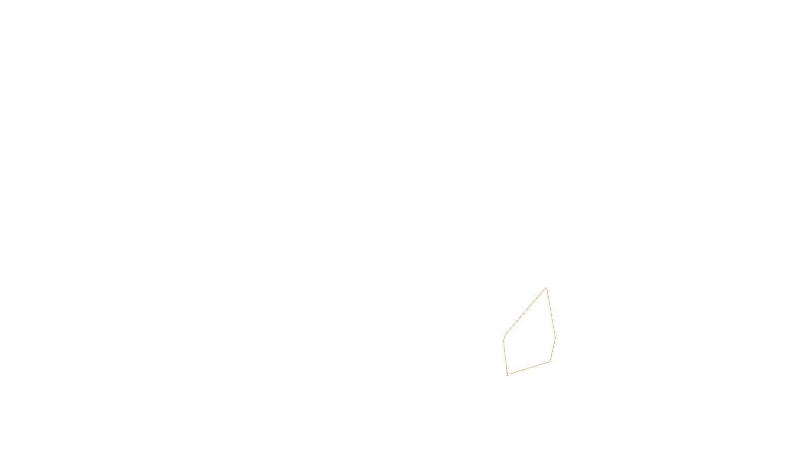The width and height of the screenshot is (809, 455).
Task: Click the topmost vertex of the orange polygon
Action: point(546,288)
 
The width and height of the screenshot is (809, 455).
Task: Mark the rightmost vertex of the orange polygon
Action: point(556,338)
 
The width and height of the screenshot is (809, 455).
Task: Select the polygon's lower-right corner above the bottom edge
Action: point(550,361)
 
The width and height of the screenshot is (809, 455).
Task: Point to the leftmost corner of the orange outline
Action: point(504,340)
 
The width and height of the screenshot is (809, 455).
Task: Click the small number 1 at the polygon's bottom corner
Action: point(507,374)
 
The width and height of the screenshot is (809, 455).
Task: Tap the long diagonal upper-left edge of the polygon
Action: point(526,310)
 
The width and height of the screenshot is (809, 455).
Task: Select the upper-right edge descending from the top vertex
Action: point(551,313)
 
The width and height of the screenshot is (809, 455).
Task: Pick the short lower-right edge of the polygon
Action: point(553,350)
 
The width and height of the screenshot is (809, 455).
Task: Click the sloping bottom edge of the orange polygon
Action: point(529,368)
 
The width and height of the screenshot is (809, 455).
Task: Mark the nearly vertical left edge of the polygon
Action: point(505,356)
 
